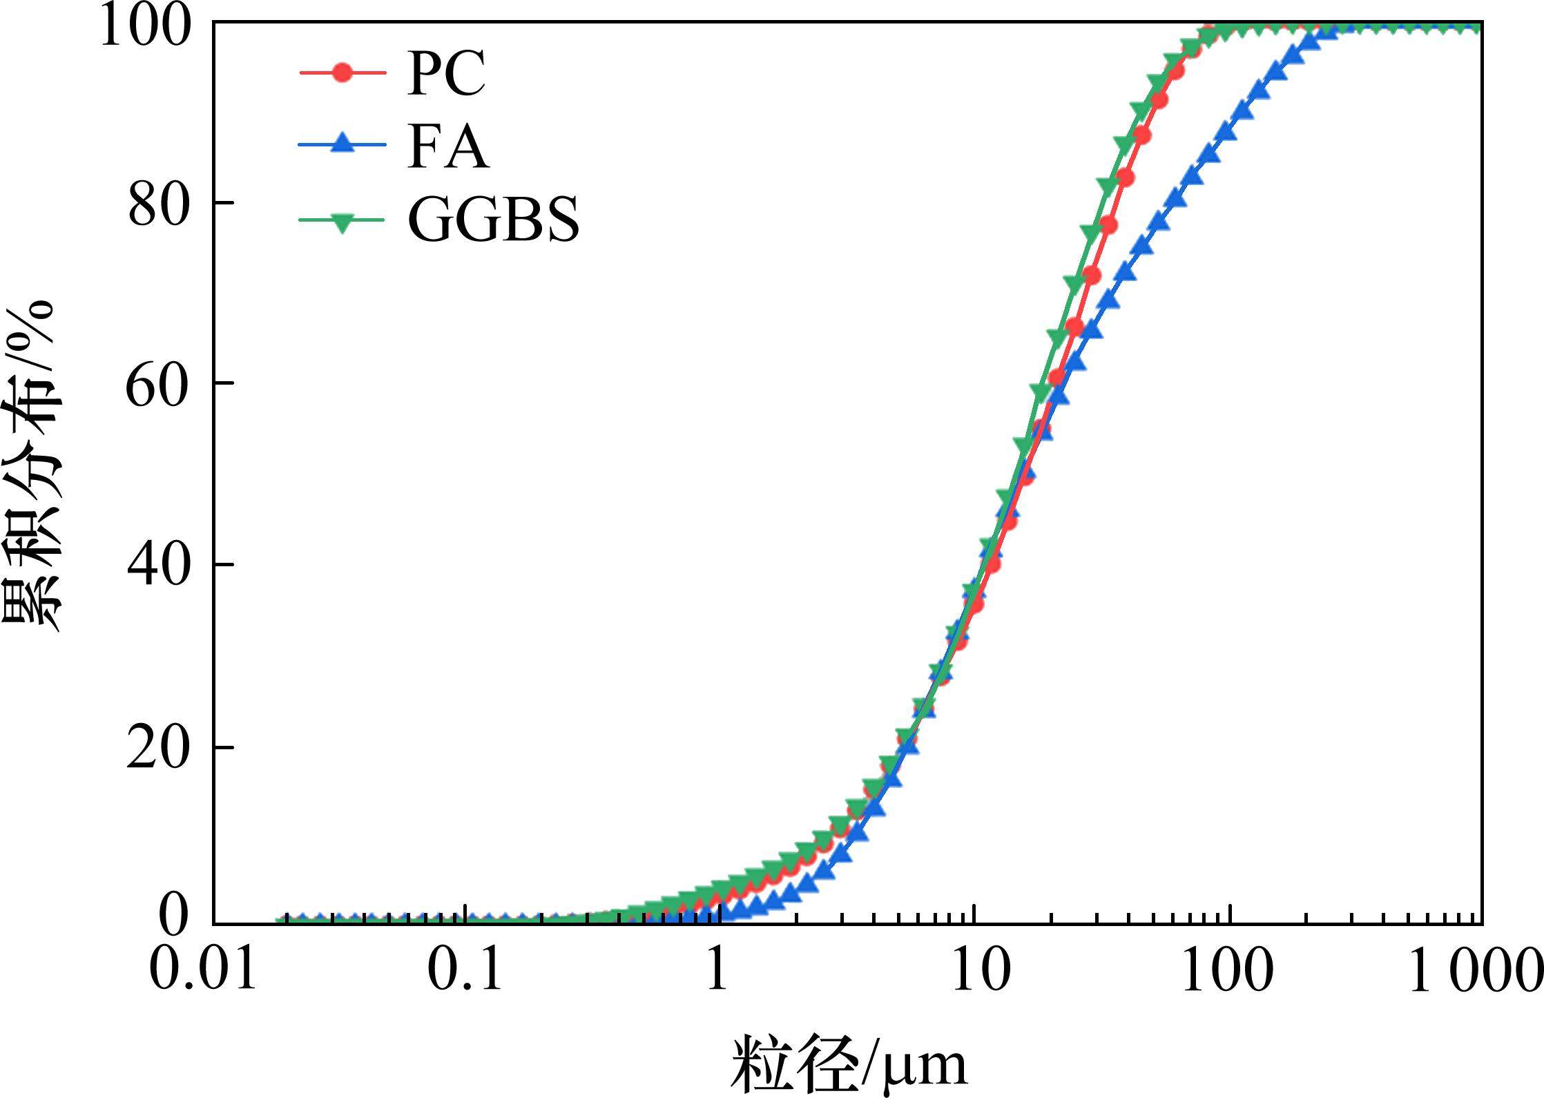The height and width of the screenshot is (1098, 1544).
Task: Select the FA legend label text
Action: point(448,148)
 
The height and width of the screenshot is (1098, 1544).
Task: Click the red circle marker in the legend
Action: point(341,72)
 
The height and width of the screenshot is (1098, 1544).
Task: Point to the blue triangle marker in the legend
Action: point(341,145)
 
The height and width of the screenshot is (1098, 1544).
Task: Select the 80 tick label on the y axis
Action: point(159,206)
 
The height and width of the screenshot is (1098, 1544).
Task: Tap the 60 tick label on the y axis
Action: point(157,385)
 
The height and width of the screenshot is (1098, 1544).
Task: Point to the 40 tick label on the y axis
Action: point(158,566)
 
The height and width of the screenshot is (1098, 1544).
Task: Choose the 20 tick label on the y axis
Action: point(157,748)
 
